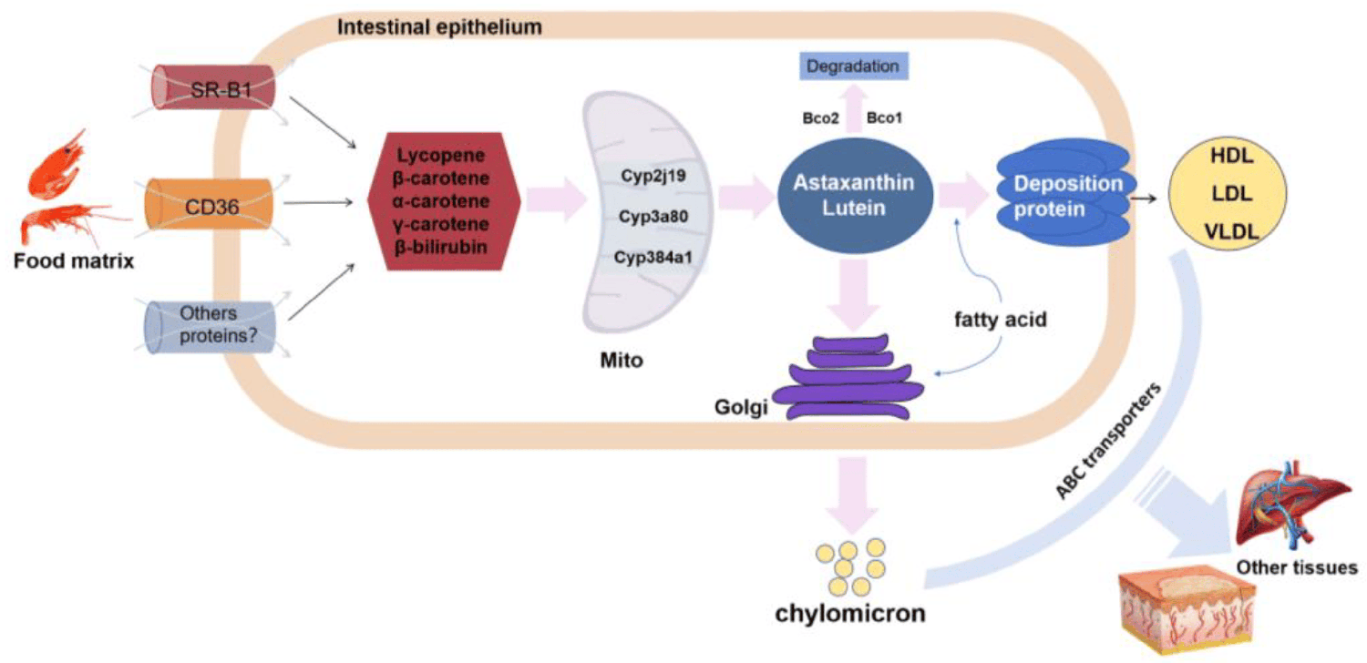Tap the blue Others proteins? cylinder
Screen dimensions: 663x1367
(212, 325)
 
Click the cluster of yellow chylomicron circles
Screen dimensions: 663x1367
(848, 561)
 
